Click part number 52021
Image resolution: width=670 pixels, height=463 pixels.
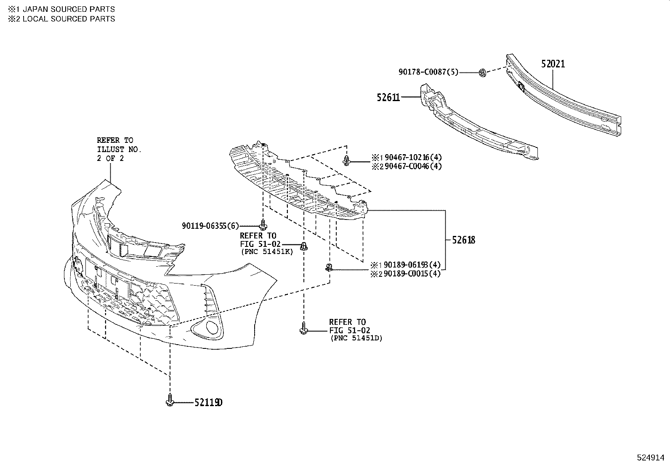pyautogui.click(x=553, y=64)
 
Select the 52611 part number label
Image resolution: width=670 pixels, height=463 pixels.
pyautogui.click(x=388, y=97)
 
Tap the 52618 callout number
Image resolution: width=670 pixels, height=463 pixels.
pyautogui.click(x=463, y=240)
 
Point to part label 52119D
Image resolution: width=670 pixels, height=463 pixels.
pyautogui.click(x=208, y=403)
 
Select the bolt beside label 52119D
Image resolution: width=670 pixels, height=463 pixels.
pyautogui.click(x=170, y=400)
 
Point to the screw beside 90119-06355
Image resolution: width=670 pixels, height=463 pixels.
pyautogui.click(x=263, y=224)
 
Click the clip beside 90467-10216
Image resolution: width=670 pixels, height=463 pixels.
pyautogui.click(x=346, y=160)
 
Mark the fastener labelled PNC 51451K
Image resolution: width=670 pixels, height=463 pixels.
pyautogui.click(x=303, y=246)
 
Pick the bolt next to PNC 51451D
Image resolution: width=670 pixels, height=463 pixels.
pyautogui.click(x=303, y=328)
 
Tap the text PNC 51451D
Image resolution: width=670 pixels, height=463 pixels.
pyautogui.click(x=356, y=338)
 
